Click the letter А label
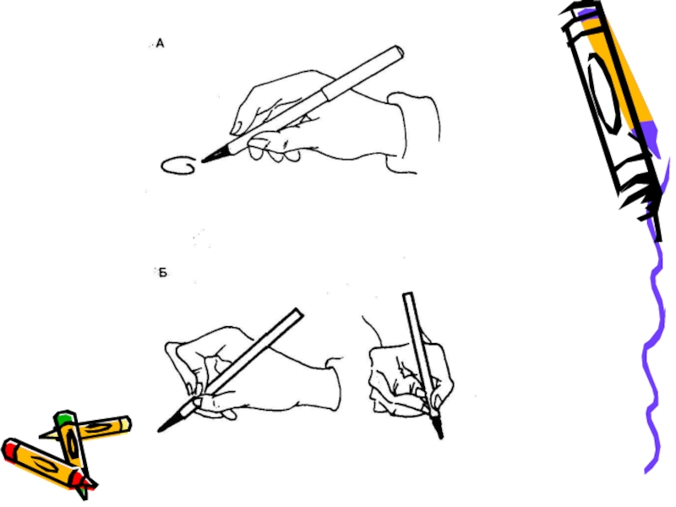pyautogui.click(x=160, y=44)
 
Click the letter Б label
pyautogui.click(x=162, y=273)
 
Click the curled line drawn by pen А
pyautogui.click(x=178, y=166)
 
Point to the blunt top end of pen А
pyautogui.click(x=398, y=52)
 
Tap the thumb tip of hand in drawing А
pyautogui.click(x=237, y=128)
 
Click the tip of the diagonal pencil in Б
pyautogui.click(x=160, y=429)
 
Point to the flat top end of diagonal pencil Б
pyautogui.click(x=298, y=313)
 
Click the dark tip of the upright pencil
pyautogui.click(x=439, y=434)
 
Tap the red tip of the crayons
pyautogui.click(x=88, y=481)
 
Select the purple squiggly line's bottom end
pyautogui.click(x=646, y=472)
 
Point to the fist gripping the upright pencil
pyautogui.click(x=410, y=379)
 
